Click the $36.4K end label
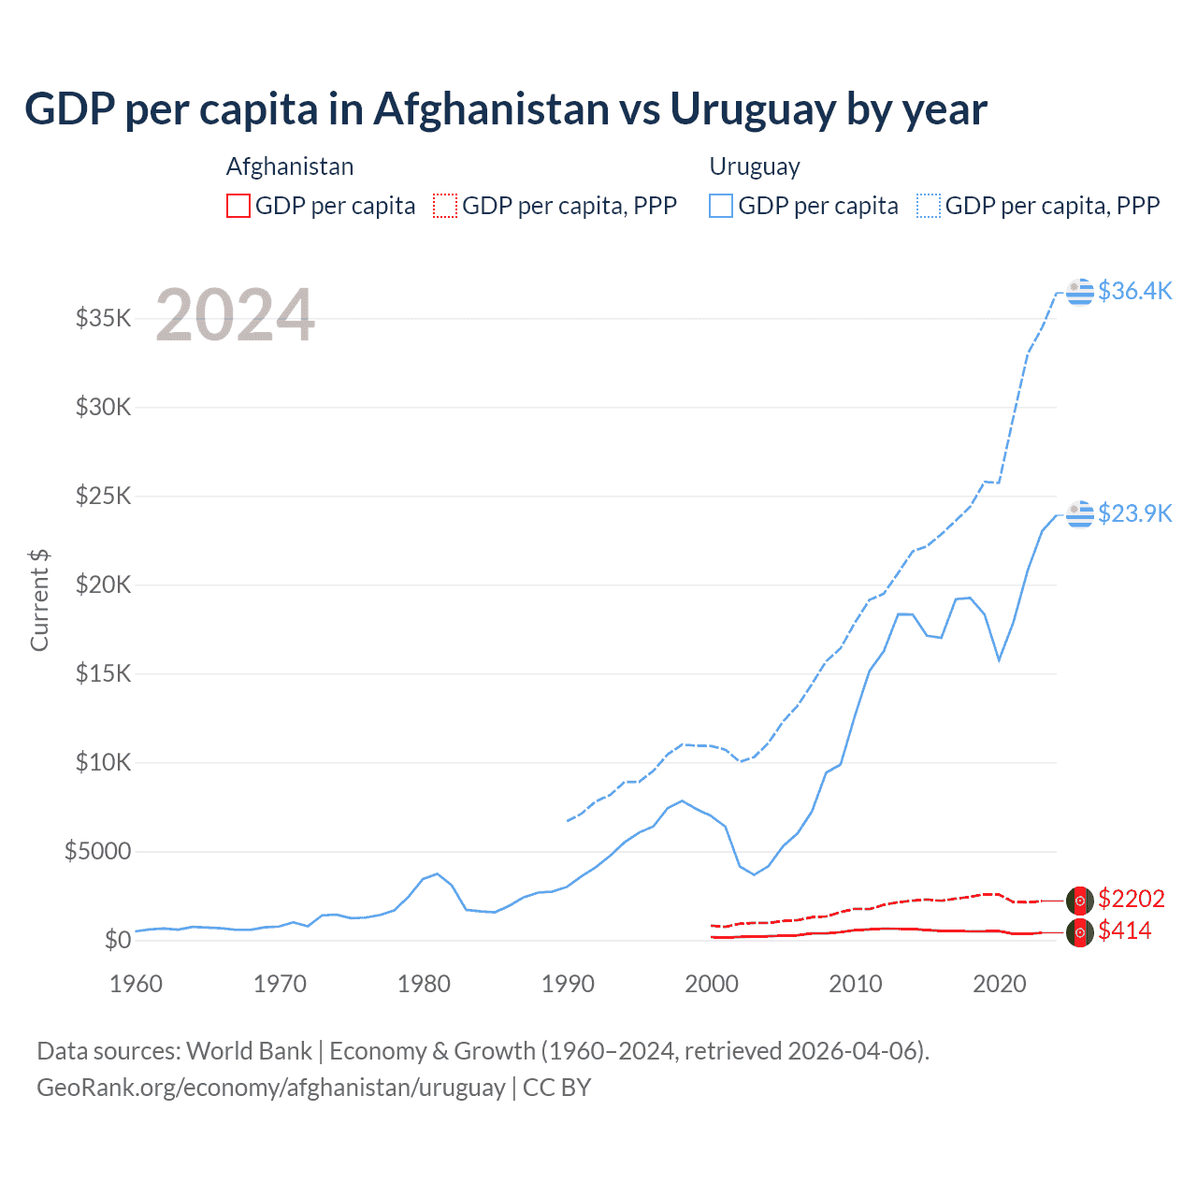tap(1134, 291)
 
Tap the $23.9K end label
tap(1134, 513)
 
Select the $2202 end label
tap(1131, 899)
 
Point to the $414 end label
tap(1124, 930)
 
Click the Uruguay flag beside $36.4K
tap(1080, 292)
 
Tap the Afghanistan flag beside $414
tap(1080, 932)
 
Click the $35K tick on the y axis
tap(104, 318)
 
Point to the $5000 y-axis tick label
tap(97, 851)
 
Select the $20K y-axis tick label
tap(104, 584)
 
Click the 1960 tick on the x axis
tap(136, 984)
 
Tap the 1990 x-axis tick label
tap(568, 984)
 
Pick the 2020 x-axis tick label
tap(1000, 984)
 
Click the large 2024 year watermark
tap(235, 314)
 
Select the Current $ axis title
tap(39, 600)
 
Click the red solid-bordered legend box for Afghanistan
tap(238, 206)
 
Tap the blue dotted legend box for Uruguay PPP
tap(929, 206)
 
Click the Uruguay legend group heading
tap(755, 166)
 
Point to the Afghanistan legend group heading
tap(290, 166)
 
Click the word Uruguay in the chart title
tap(753, 109)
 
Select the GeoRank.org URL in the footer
tap(270, 1088)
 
